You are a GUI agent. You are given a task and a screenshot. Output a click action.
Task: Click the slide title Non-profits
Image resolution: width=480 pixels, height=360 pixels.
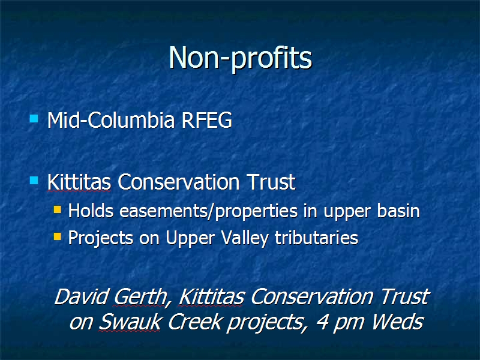(241, 58)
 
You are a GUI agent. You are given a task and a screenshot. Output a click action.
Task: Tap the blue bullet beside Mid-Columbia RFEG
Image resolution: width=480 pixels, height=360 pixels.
(34, 118)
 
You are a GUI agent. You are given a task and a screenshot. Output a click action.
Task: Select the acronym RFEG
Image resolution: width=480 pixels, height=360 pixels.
(207, 120)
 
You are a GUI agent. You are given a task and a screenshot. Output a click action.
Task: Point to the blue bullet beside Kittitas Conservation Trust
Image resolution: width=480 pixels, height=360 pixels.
(34, 180)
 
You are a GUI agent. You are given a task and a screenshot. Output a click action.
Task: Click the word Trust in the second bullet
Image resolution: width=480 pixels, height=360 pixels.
(272, 182)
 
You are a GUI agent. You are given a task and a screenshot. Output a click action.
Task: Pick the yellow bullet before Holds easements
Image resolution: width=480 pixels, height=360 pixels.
(58, 209)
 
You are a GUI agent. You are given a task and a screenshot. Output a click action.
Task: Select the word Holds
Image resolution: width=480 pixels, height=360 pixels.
(91, 211)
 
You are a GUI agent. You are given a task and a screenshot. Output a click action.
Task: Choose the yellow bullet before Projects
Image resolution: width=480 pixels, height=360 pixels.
(58, 236)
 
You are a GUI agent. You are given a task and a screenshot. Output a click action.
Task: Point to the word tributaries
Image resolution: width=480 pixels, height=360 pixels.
(317, 238)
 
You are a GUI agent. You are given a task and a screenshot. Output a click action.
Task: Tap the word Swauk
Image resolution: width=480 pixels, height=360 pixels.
(130, 322)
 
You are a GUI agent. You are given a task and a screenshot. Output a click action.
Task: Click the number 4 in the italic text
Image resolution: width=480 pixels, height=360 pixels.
(322, 322)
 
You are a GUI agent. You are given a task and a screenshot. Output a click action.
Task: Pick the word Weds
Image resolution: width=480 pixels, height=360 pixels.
(398, 322)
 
